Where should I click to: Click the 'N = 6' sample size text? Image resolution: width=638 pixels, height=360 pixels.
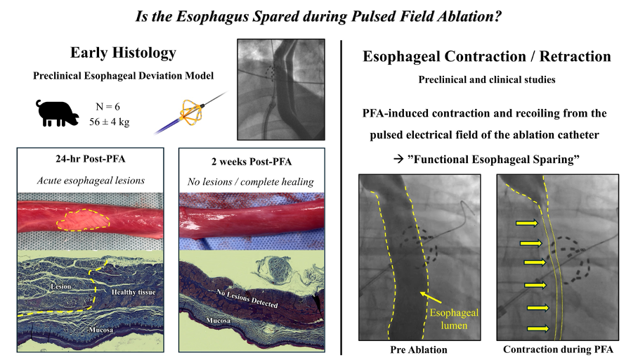coord(108,107)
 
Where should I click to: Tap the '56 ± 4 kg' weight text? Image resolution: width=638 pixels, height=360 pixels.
coord(110,122)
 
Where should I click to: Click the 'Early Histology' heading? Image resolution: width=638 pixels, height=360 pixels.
coord(123,53)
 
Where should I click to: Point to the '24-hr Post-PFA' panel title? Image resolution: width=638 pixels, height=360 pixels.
coord(91,159)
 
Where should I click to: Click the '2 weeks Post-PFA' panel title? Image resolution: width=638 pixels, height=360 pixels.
coord(252,162)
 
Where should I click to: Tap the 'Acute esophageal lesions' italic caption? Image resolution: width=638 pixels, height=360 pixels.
coord(91,181)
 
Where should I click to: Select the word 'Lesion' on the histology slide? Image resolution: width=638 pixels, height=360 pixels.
coord(61,286)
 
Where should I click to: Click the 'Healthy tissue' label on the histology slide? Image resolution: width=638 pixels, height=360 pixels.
coord(134,292)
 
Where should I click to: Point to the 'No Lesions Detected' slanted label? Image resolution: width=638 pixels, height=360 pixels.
coord(247,298)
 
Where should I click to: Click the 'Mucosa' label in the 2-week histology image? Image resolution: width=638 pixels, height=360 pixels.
coord(218,321)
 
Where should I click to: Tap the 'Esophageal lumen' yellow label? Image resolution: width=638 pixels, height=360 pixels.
coord(454,319)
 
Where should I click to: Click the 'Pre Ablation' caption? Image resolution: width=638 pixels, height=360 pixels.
coord(418,349)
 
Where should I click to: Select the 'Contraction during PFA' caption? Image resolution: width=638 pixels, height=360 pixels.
coord(558,349)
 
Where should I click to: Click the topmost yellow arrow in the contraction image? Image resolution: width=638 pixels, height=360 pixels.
coord(527,223)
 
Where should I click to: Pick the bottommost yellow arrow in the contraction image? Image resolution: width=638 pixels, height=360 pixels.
coord(538,328)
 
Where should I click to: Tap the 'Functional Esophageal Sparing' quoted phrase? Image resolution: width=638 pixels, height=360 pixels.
coord(493,159)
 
